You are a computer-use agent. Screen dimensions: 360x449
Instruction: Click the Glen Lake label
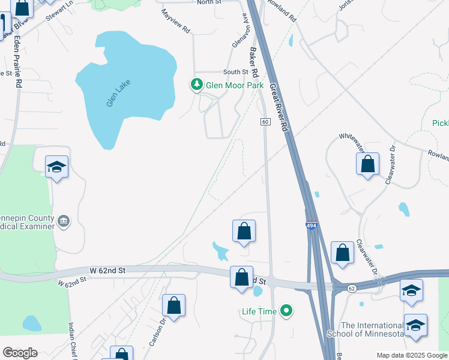[118, 93]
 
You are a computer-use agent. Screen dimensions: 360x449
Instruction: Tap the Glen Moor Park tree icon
[197, 85]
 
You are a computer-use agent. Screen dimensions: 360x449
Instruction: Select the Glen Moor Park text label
[235, 85]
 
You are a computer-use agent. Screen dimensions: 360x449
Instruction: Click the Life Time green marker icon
[287, 311]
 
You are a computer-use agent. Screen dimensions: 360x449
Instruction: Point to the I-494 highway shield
[310, 226]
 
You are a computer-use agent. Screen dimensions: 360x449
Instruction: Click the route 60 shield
[265, 122]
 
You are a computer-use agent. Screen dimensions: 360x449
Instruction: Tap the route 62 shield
[352, 288]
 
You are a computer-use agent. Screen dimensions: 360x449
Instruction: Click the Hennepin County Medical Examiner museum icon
[63, 222]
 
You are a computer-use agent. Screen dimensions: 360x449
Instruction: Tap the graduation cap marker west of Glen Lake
[56, 167]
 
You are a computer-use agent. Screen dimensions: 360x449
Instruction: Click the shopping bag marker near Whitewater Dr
[367, 164]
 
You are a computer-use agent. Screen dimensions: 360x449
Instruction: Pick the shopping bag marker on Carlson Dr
[173, 305]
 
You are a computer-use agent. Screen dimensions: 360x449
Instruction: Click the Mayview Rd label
[176, 21]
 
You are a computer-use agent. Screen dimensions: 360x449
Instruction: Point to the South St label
[236, 72]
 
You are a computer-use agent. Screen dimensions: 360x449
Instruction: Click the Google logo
[20, 353]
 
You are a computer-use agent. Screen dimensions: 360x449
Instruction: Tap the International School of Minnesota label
[365, 329]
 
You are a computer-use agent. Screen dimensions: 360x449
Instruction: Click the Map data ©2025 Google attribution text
[411, 355]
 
